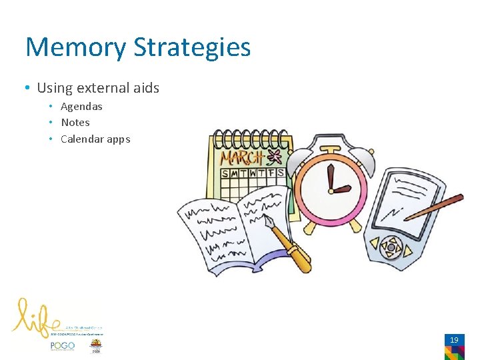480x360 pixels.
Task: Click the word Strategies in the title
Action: point(192,47)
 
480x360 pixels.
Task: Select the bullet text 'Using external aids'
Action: point(98,88)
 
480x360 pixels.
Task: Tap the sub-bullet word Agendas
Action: point(81,107)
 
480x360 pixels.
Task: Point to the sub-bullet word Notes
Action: point(75,123)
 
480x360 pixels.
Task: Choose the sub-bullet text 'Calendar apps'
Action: point(95,139)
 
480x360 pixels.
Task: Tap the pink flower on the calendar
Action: point(273,157)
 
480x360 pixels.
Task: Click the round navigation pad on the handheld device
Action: point(391,248)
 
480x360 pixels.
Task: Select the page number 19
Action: point(454,340)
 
